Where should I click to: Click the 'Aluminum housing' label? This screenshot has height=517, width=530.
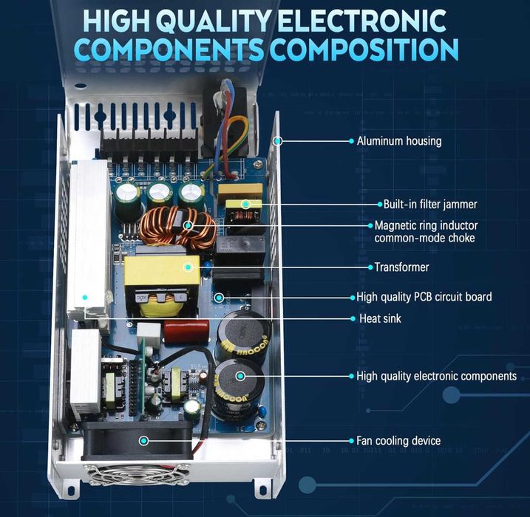click(x=399, y=141)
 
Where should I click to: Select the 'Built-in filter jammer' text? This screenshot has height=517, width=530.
click(x=430, y=205)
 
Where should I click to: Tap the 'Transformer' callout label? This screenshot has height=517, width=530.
click(x=401, y=267)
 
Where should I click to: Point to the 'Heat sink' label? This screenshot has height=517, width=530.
click(x=380, y=318)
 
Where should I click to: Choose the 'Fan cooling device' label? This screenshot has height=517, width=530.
click(x=398, y=441)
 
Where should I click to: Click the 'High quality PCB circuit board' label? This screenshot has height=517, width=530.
click(x=424, y=297)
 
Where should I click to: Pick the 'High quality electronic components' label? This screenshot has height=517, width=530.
click(x=436, y=376)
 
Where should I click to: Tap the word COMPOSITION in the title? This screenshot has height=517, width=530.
click(x=364, y=50)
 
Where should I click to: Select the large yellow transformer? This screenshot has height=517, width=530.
click(x=161, y=285)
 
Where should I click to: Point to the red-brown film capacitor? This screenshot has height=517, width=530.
click(x=186, y=332)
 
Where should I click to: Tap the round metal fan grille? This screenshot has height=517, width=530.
click(x=137, y=474)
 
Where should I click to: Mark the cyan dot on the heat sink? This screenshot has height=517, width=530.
click(x=85, y=298)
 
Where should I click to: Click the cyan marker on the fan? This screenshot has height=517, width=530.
click(x=144, y=441)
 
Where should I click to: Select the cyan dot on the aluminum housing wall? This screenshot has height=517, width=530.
click(x=277, y=141)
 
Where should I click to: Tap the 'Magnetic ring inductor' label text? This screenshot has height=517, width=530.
click(x=426, y=225)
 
